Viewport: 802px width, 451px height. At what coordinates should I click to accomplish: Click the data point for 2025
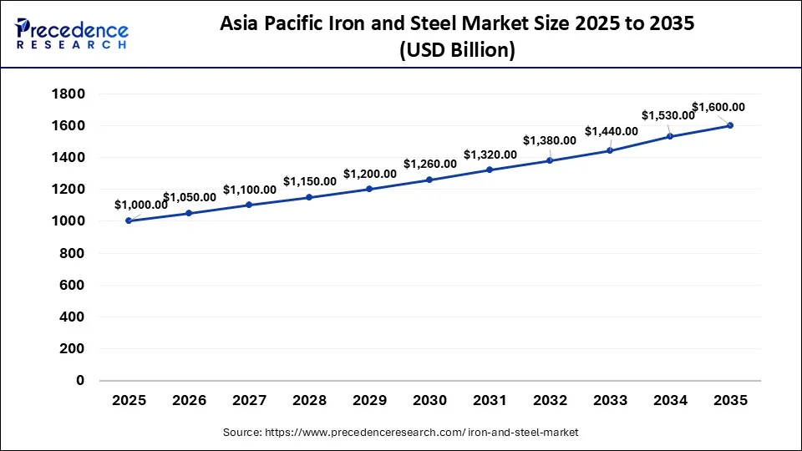click(x=129, y=220)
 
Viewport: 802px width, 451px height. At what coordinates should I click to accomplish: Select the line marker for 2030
click(x=429, y=180)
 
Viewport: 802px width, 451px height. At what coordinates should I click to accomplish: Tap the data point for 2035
click(x=730, y=125)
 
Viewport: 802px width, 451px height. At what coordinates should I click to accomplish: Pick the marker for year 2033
click(x=610, y=150)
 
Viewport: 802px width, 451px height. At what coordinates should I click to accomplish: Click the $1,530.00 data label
click(x=667, y=115)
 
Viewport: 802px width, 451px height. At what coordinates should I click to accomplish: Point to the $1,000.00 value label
click(x=140, y=205)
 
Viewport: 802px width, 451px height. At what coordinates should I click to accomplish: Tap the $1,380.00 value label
click(x=550, y=140)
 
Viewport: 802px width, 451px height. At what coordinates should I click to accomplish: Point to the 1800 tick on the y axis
click(x=69, y=94)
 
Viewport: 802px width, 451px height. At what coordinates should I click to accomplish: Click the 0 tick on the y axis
click(x=80, y=380)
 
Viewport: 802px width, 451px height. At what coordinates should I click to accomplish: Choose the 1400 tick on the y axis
click(x=69, y=157)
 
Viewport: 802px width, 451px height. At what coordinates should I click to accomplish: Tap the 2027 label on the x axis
click(x=249, y=401)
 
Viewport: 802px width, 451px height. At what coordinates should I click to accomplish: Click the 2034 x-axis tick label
click(x=670, y=401)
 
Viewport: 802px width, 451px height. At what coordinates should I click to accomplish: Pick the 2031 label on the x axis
click(x=490, y=401)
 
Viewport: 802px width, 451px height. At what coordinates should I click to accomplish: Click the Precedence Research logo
click(x=72, y=33)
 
